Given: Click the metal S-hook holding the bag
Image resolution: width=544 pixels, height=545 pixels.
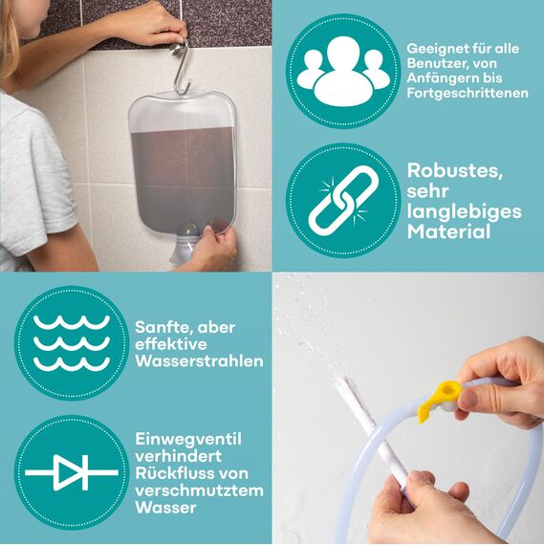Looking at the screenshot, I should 179,67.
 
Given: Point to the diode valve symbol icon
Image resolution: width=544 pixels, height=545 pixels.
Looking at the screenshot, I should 71,472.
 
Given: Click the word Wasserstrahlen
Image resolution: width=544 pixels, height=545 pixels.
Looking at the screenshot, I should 199,362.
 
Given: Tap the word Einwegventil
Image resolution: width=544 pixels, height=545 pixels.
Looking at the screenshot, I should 187,439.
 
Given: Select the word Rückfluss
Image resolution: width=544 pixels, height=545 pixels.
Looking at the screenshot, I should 175,473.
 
